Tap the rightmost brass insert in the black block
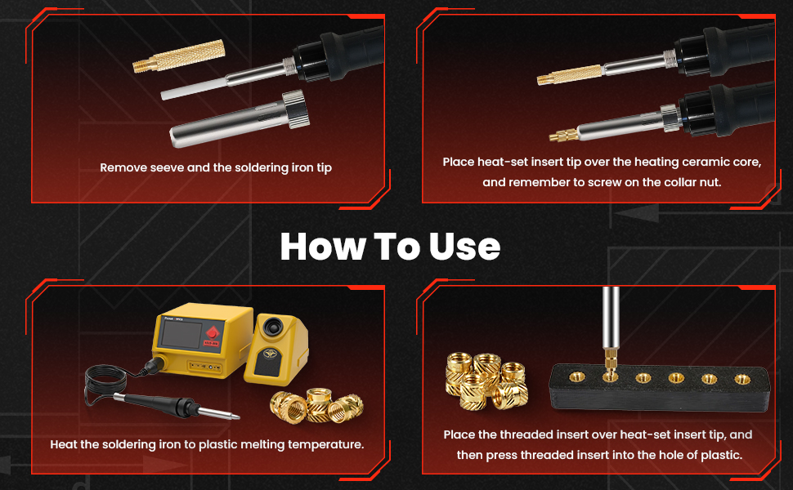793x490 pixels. click(741, 378)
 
